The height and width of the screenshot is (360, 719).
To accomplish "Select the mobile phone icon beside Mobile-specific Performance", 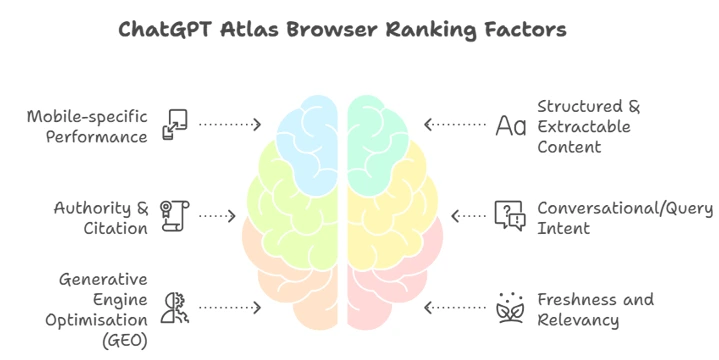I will (176, 125).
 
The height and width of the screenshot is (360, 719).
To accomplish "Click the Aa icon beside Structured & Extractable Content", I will (510, 125).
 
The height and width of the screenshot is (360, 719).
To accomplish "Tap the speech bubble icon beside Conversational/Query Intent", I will (509, 215).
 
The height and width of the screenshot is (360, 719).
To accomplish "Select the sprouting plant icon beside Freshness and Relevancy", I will (509, 308).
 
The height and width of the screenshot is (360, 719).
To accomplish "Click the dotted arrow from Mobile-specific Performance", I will (229, 125).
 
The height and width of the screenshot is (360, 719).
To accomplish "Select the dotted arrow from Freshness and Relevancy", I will (459, 307).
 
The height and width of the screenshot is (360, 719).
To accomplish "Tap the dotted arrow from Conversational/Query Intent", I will (469, 215).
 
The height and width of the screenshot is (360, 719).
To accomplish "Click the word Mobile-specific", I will (88, 115).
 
